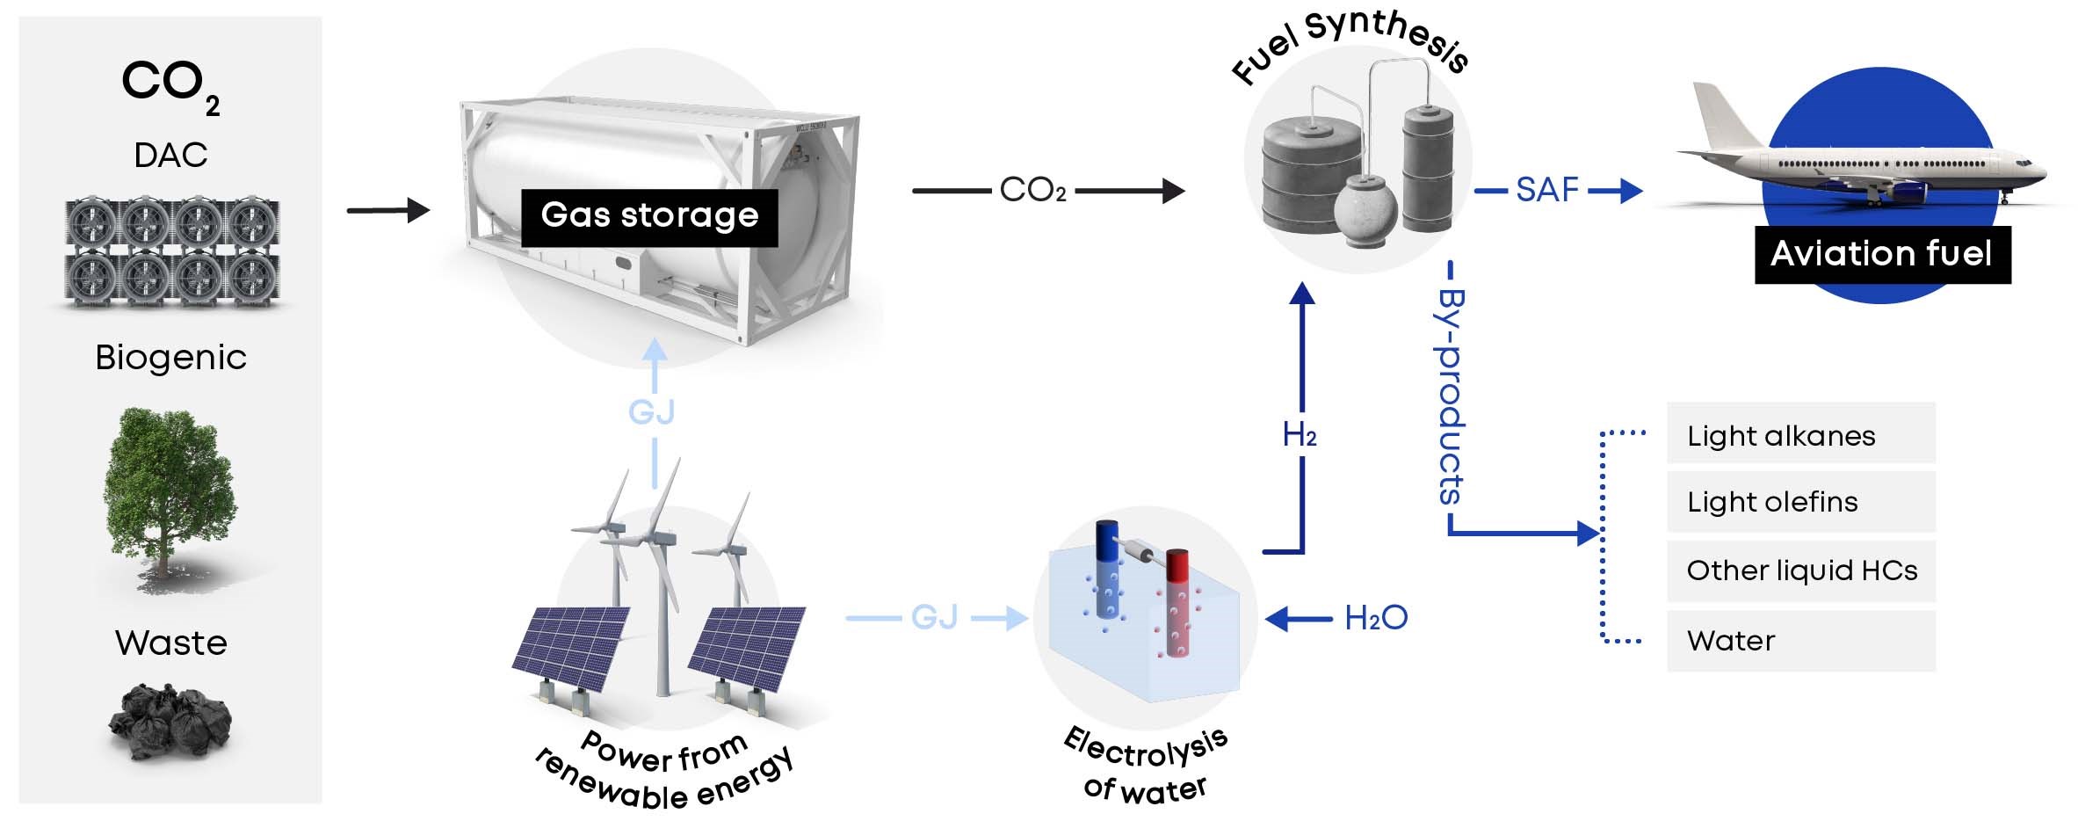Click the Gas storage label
point(649,216)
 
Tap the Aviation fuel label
point(1881,254)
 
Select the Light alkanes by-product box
point(1800,434)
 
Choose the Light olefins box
point(1800,502)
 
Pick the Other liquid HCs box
point(1800,570)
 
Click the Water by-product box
point(1800,641)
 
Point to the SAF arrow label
point(1547,190)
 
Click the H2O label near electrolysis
point(1375,618)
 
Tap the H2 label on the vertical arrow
point(1300,434)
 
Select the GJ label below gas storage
point(651,411)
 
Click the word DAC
point(170,156)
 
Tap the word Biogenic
point(170,358)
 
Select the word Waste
point(170,643)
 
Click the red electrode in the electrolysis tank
point(1177,602)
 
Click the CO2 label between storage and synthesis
point(1032,190)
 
